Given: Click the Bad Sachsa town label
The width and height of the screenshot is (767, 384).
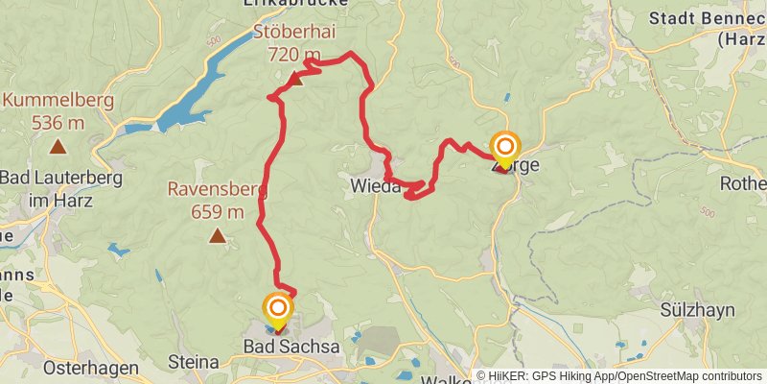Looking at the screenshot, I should point(291,346).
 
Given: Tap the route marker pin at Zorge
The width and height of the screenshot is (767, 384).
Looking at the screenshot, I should point(504,150).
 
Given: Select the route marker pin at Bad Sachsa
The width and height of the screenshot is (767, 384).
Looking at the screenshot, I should point(278,310).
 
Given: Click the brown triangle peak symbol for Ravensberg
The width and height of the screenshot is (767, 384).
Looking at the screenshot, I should point(219,235).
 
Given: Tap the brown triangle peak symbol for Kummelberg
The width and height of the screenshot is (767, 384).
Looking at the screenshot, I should point(58,147).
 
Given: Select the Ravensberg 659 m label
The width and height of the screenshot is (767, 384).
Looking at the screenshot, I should point(217,200).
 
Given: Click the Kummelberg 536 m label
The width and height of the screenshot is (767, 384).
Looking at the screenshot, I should point(58,111).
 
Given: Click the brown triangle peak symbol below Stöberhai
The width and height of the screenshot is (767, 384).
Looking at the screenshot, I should point(296,80).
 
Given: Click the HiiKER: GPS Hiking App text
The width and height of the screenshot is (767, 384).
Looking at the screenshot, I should point(543,376).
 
